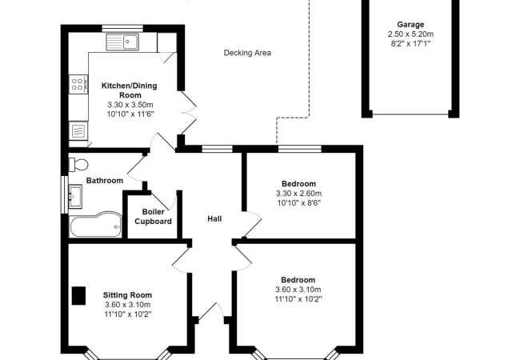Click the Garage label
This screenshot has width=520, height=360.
(x=411, y=25)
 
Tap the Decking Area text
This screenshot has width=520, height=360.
(x=247, y=54)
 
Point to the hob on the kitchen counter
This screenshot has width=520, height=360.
(x=78, y=83)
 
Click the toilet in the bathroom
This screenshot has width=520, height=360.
(x=78, y=165)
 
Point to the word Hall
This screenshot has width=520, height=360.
(x=214, y=218)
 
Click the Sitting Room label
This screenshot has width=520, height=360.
(x=127, y=294)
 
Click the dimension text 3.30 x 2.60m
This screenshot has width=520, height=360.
(x=298, y=194)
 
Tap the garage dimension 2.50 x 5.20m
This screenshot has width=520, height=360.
(x=411, y=34)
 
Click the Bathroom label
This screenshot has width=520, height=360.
(x=104, y=181)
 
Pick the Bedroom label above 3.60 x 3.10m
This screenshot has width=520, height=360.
(x=298, y=279)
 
